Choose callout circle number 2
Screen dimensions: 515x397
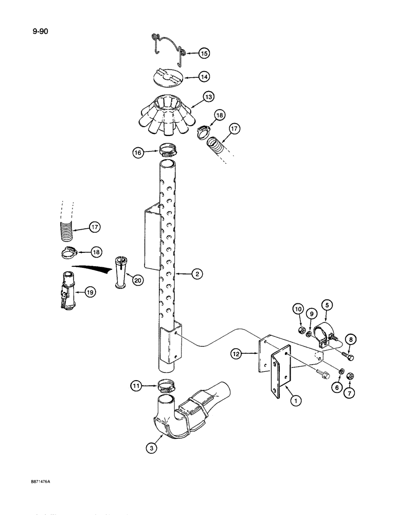pyautogui.click(x=195, y=275)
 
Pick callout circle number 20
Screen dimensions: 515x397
pyautogui.click(x=137, y=280)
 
